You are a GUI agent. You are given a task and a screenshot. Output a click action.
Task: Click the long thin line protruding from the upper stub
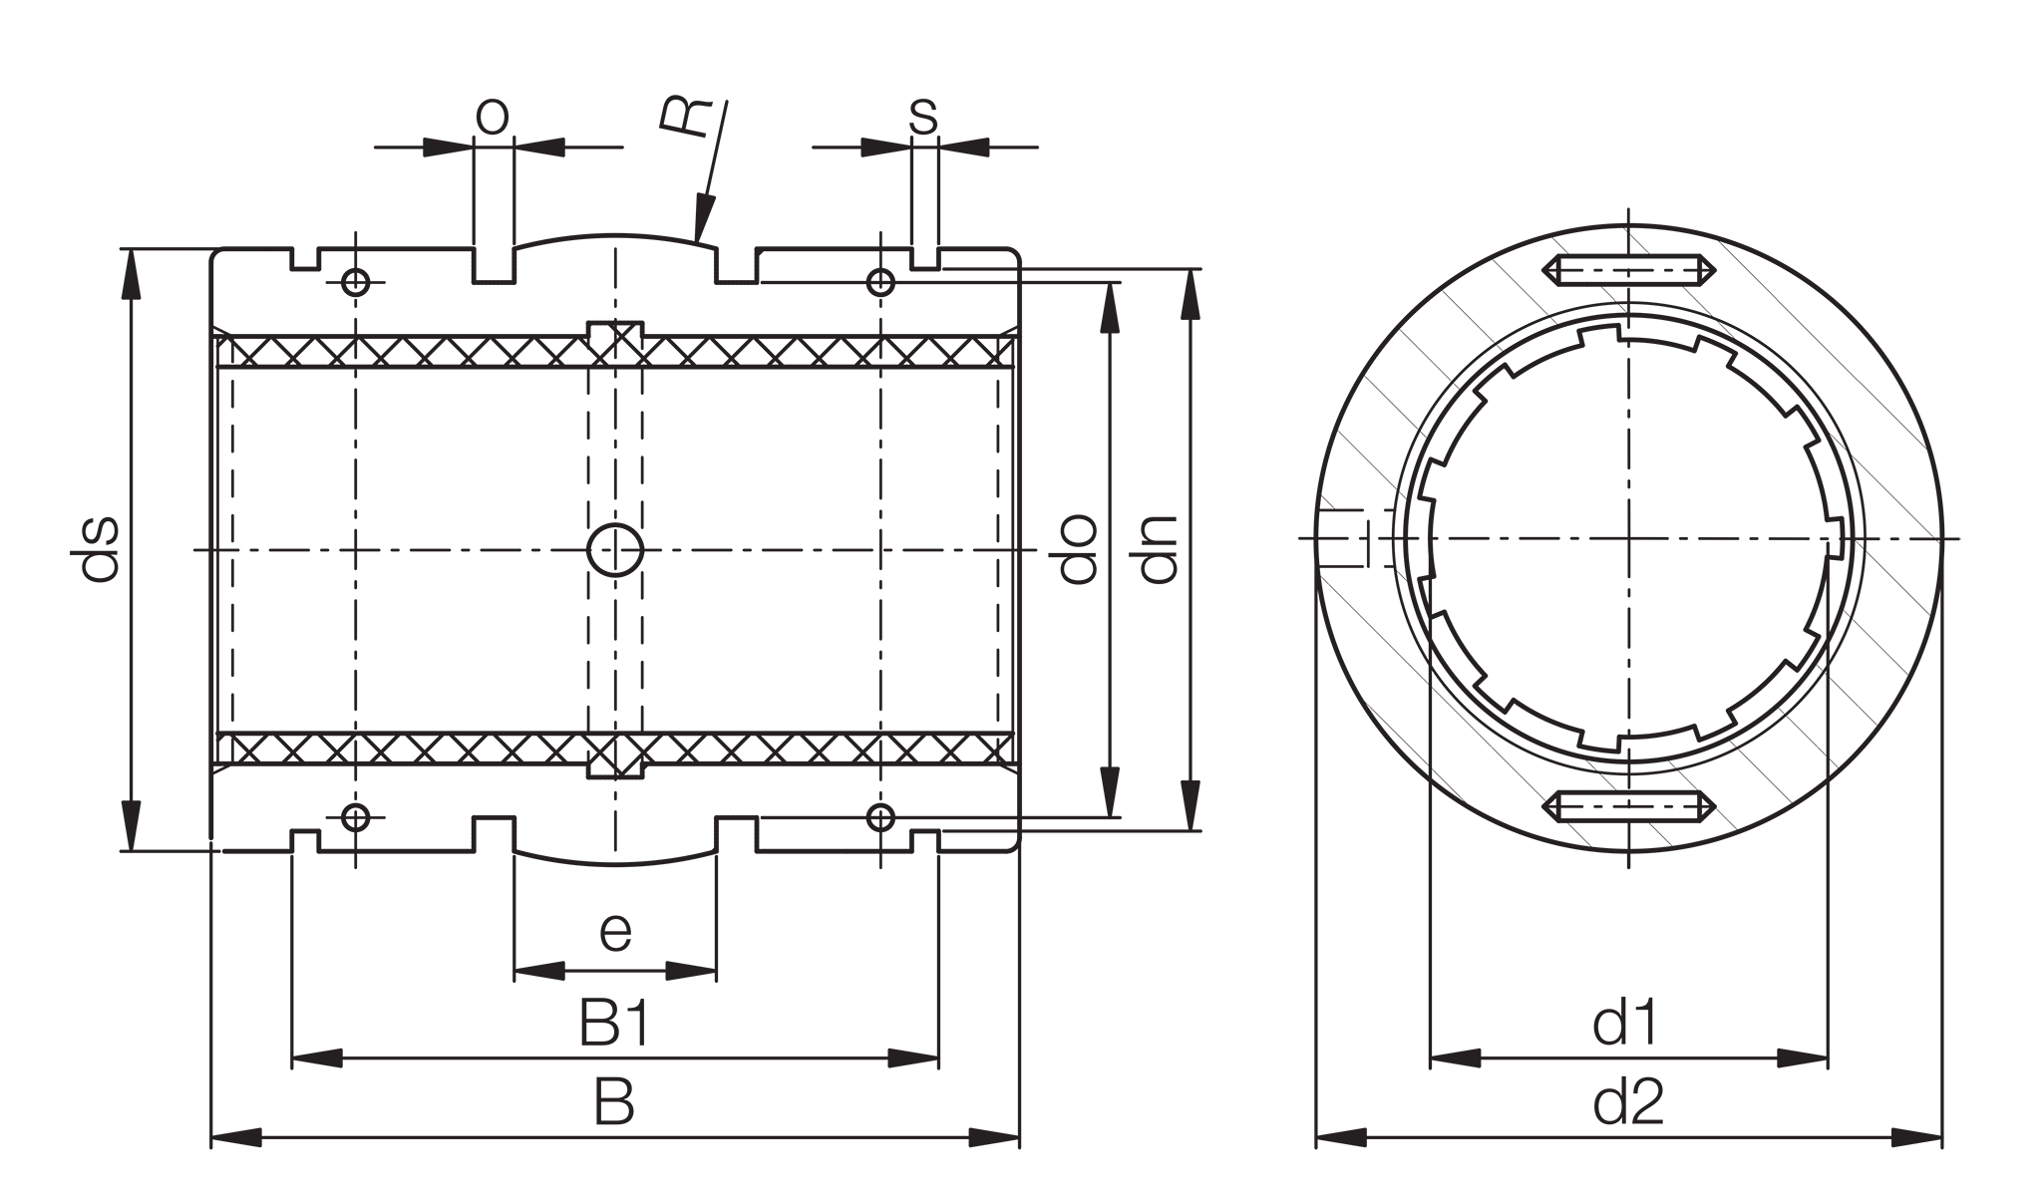(x=394, y=148)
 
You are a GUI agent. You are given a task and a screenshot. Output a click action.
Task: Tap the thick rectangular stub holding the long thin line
(x=448, y=148)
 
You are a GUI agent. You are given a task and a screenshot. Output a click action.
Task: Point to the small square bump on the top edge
(x=678, y=93)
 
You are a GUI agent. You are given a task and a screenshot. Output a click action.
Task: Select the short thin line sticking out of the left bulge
(x=71, y=553)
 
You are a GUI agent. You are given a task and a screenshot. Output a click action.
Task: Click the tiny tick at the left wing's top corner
(x=117, y=250)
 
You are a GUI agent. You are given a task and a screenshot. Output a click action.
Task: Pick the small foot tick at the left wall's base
(x=117, y=848)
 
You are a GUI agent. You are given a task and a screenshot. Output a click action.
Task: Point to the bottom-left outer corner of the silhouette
(x=208, y=1154)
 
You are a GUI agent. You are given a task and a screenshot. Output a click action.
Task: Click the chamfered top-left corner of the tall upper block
(x=476, y=101)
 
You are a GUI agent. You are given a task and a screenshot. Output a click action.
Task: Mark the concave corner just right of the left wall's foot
(x=208, y=853)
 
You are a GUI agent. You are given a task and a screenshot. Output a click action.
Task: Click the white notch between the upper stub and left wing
(x=419, y=189)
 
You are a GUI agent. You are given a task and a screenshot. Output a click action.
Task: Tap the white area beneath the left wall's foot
(x=150, y=997)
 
